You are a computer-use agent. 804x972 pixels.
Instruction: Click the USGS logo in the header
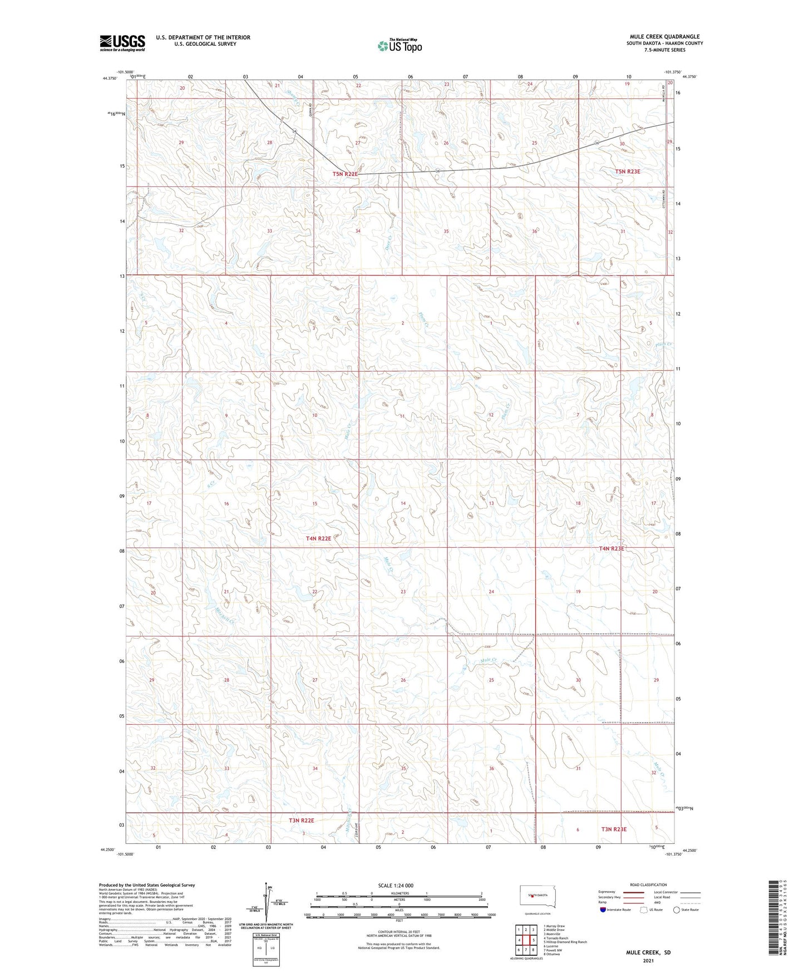point(122,43)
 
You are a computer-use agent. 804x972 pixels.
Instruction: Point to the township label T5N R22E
point(345,174)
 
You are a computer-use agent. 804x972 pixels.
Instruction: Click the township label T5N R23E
point(628,171)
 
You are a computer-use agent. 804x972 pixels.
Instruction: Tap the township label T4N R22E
point(318,538)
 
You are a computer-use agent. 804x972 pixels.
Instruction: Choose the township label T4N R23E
point(611,548)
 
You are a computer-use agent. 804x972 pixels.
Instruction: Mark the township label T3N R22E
point(302,821)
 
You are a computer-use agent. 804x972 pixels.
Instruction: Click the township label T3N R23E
point(614,829)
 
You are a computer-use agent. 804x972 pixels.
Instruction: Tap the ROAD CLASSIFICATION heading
point(648,885)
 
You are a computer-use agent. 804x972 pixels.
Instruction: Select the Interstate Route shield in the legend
point(603,910)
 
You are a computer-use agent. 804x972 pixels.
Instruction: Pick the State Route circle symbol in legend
point(677,910)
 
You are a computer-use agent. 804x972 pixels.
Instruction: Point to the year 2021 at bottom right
point(648,961)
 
